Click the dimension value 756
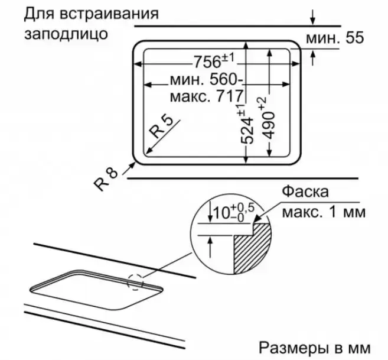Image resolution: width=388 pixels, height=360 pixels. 207,61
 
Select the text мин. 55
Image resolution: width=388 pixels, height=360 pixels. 335,38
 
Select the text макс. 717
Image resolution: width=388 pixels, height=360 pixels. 207,96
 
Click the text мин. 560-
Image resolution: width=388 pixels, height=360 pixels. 207,80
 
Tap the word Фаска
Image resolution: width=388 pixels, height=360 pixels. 305,192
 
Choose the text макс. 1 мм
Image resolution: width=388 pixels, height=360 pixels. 324,212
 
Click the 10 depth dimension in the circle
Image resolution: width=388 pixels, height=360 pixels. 221,213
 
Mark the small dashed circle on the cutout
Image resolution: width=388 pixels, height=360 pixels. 135,282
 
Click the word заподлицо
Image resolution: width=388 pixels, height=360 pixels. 66,34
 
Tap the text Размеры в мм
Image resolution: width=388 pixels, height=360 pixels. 315,348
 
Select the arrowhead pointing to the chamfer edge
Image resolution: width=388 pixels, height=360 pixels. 257,219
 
